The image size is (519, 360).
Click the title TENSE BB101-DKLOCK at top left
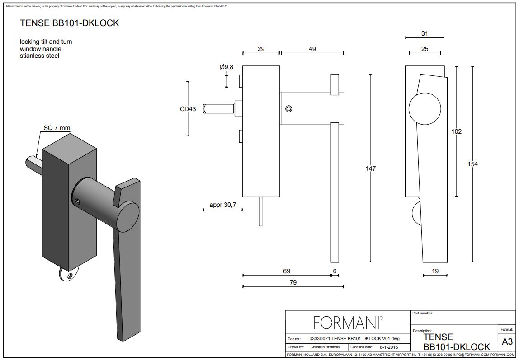[x=70, y=23]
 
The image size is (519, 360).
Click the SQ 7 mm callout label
[x=57, y=128]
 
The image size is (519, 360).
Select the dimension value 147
[x=371, y=168]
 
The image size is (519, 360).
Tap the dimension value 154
[x=472, y=164]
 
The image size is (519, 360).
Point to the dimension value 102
[x=457, y=131]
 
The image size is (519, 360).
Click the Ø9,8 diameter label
[x=226, y=67]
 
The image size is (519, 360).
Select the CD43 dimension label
[x=188, y=109]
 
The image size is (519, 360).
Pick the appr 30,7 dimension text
[x=223, y=205]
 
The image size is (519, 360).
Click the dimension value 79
[x=293, y=282]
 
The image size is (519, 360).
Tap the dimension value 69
[x=287, y=271]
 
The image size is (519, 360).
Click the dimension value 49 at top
[x=312, y=49]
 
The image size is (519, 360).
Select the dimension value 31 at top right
[x=425, y=33]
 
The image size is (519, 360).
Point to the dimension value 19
[x=434, y=271]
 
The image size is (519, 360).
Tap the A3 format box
[x=507, y=342]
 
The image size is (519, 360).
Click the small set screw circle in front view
[x=289, y=109]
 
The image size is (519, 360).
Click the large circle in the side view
[x=425, y=109]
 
